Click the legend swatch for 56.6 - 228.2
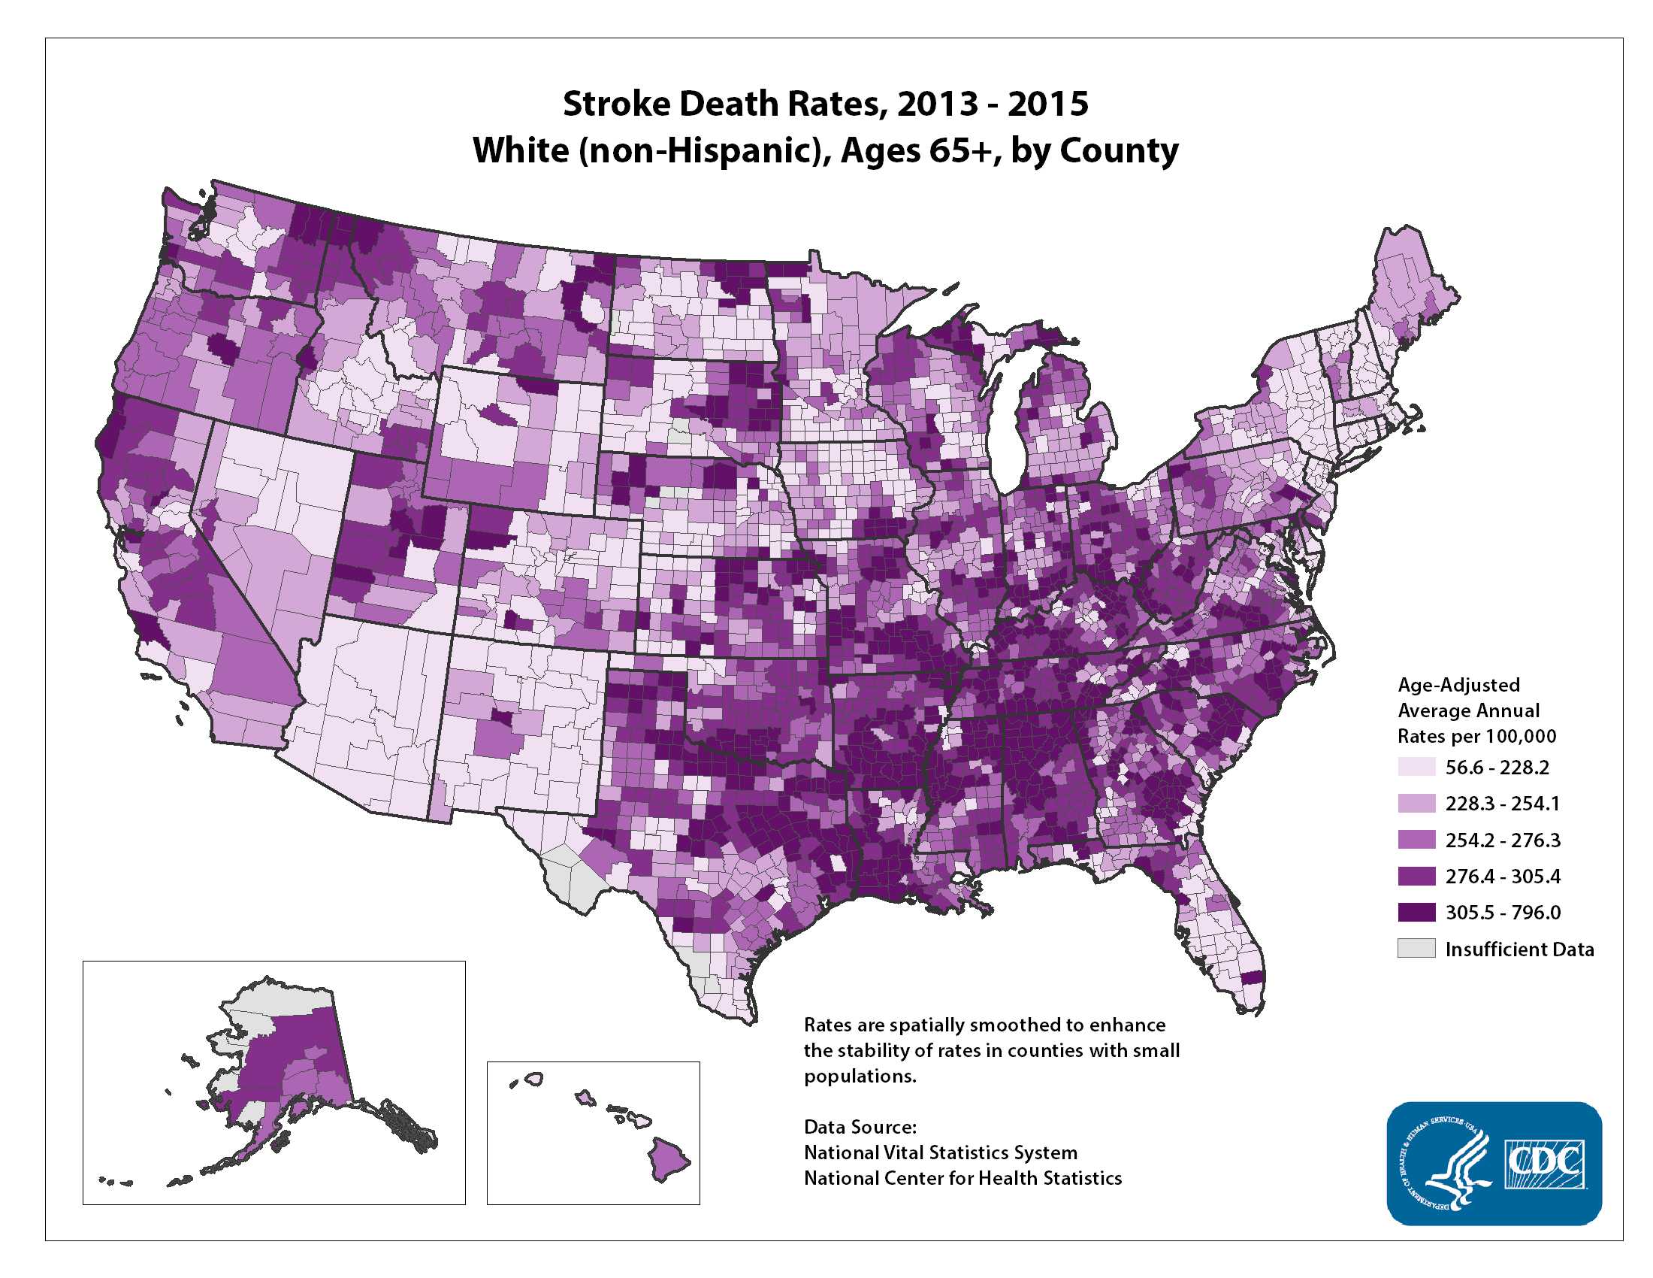click(x=1416, y=767)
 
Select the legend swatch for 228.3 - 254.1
click(x=1416, y=804)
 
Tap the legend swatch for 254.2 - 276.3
click(x=1416, y=840)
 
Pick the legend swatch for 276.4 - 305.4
click(x=1416, y=876)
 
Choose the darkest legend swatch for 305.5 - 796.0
click(x=1416, y=913)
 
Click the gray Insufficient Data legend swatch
click(x=1416, y=949)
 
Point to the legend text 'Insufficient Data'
click(x=1519, y=949)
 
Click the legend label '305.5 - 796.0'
click(x=1503, y=913)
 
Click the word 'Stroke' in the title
click(x=616, y=104)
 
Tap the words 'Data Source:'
click(x=860, y=1127)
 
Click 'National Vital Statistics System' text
click(x=940, y=1152)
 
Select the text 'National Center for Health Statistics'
click(x=962, y=1178)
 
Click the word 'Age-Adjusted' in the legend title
click(x=1458, y=684)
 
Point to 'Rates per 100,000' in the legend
click(x=1476, y=736)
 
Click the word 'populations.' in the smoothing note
click(x=860, y=1076)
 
